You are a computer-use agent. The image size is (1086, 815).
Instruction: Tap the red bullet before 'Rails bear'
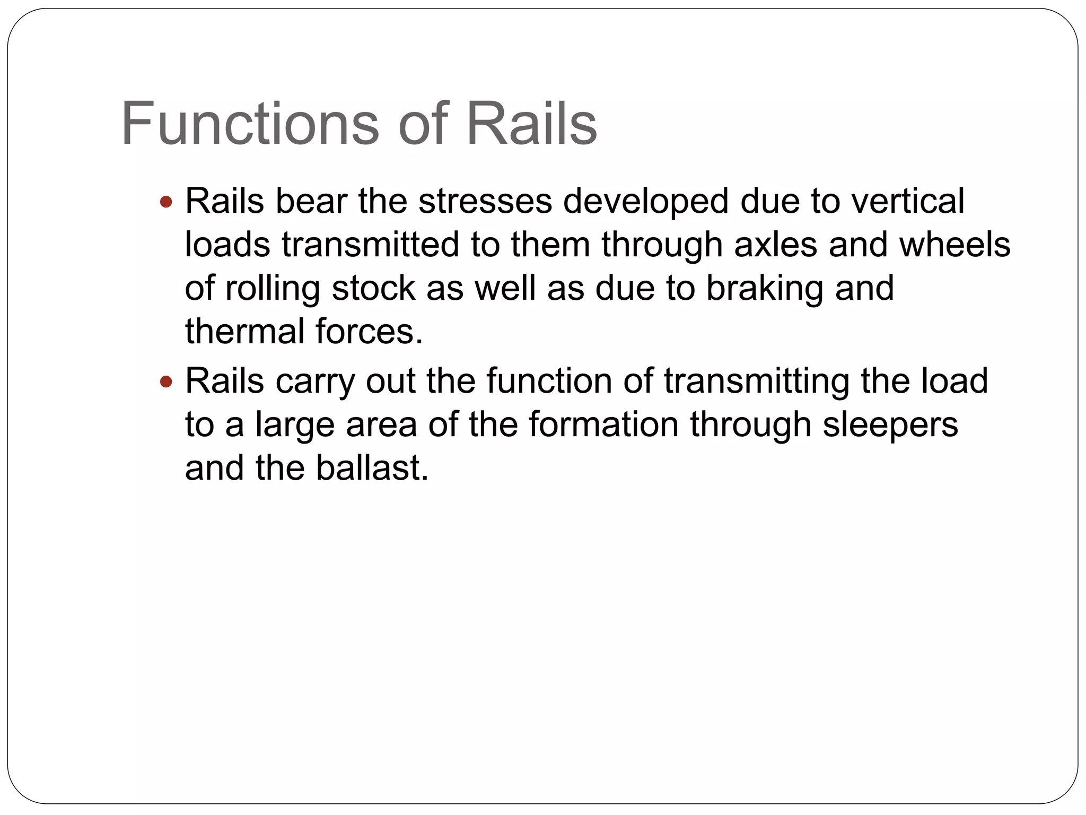coord(166,202)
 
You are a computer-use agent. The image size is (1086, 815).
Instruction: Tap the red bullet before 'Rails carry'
coord(166,382)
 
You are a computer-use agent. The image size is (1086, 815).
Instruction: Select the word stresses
coord(485,202)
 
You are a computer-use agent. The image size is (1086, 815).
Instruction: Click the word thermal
coord(244,332)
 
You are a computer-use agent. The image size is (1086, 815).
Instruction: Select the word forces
coord(369,332)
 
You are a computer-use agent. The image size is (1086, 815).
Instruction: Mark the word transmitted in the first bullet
coord(370,245)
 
